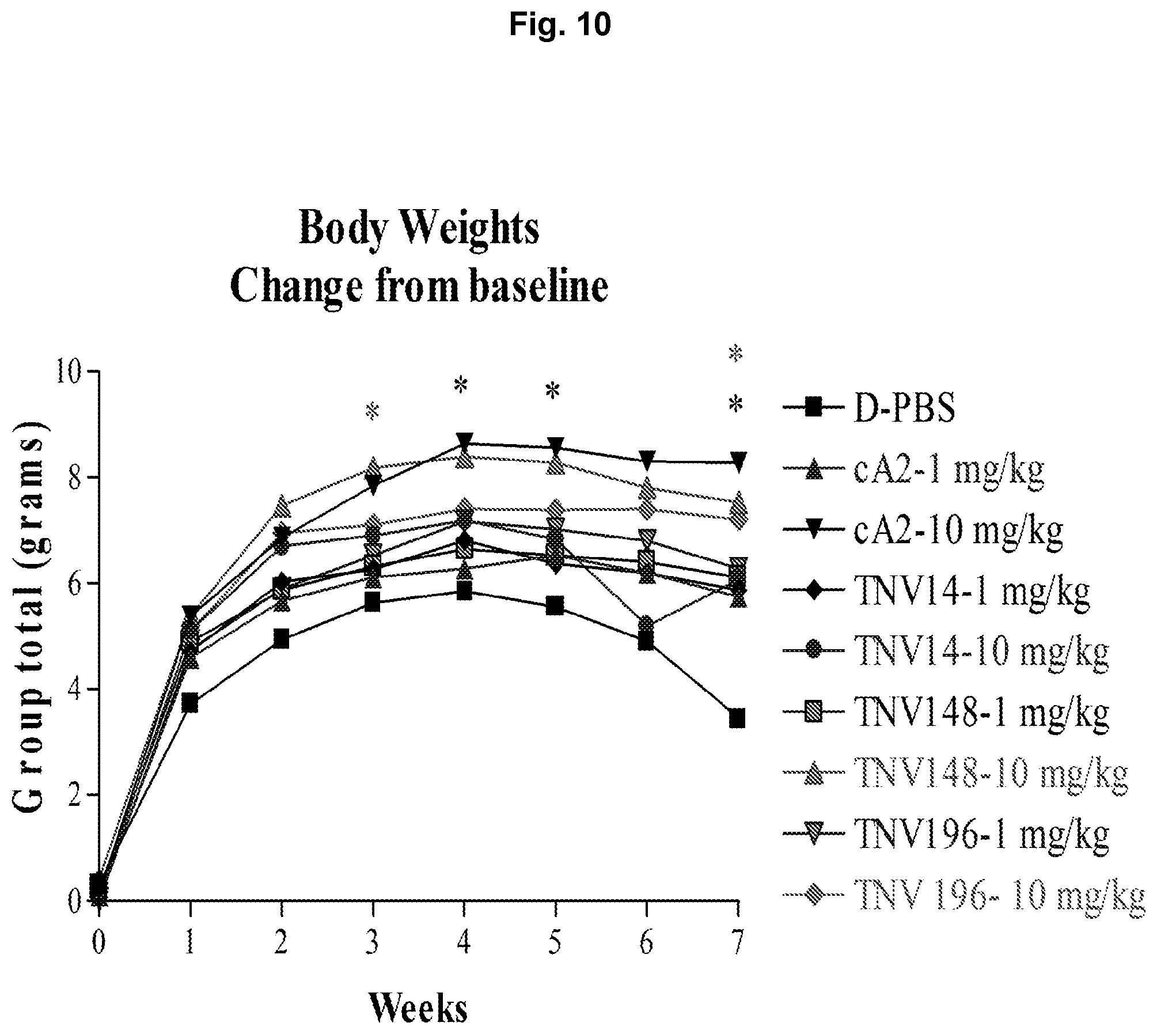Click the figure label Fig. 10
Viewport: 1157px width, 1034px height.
[560, 25]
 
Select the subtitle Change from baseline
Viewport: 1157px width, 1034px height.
[419, 286]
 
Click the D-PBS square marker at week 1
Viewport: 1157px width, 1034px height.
[190, 703]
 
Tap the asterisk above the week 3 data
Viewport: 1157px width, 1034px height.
[373, 411]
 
